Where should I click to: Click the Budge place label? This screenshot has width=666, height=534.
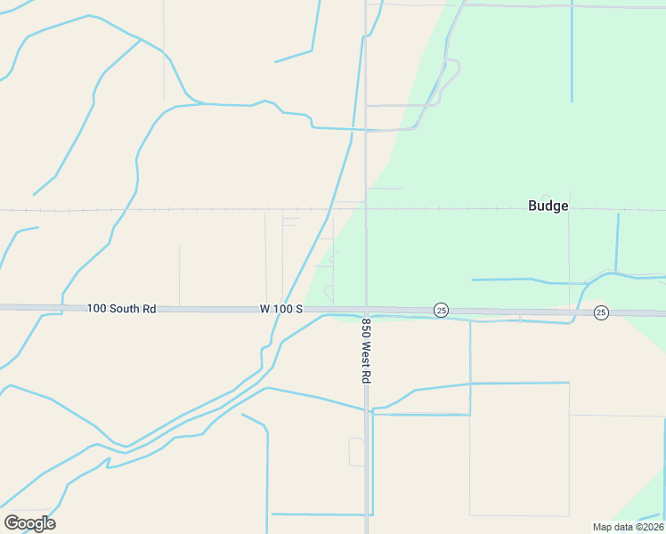click(548, 206)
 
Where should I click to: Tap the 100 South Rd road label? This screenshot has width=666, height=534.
click(122, 309)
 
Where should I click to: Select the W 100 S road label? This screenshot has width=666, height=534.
click(281, 309)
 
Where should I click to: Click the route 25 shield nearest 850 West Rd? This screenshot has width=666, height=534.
click(441, 310)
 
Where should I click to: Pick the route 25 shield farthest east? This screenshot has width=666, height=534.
click(601, 312)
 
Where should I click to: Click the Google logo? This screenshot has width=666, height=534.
click(29, 523)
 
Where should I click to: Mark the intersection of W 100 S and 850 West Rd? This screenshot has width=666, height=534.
click(366, 310)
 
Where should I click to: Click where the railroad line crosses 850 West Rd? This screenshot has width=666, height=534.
click(366, 210)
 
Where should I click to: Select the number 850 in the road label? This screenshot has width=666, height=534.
click(366, 328)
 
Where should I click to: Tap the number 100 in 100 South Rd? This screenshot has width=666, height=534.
click(96, 309)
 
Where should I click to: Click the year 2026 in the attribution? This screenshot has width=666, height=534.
click(651, 526)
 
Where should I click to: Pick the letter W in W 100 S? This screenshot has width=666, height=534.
click(264, 309)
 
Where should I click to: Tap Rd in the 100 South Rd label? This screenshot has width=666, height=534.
click(150, 309)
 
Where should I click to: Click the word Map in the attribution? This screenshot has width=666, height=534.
click(603, 526)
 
